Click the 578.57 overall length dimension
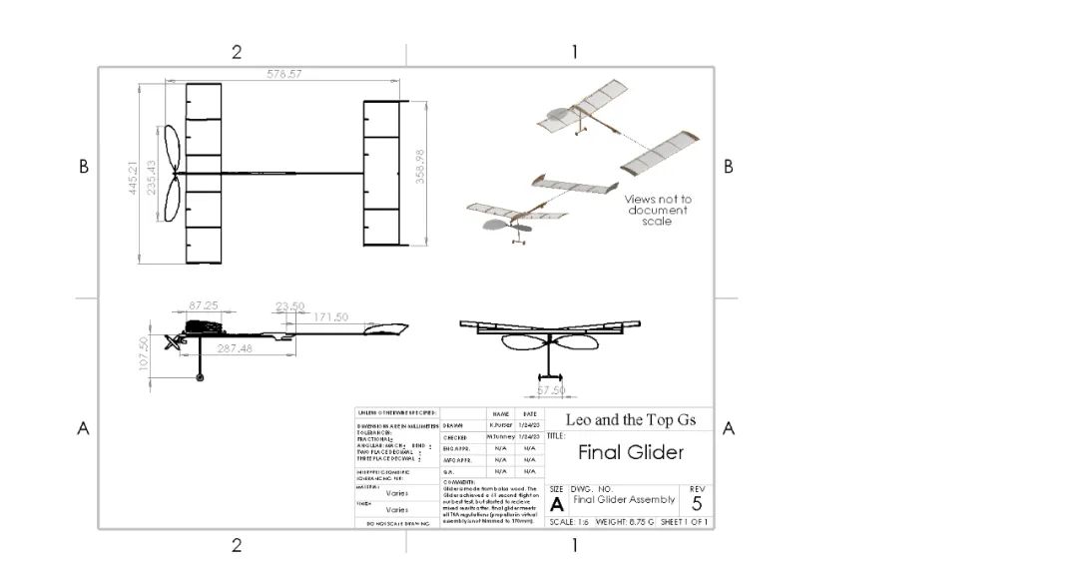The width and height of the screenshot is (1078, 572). pos(281,74)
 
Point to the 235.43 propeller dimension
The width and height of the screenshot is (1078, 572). pos(152,177)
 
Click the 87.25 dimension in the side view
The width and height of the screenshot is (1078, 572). pos(203,304)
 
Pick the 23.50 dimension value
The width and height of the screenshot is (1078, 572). pos(289,306)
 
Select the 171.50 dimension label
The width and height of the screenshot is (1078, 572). pos(329,316)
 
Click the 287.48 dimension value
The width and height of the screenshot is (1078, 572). pos(236,348)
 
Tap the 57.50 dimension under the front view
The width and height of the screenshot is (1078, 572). pos(551,390)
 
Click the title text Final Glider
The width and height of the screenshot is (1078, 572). pos(631,452)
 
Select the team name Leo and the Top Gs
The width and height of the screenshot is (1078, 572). pos(631,419)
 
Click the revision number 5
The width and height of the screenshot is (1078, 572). pos(696,502)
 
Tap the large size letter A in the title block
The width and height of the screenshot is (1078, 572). pos(557,504)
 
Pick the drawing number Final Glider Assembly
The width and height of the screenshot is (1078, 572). pos(624,499)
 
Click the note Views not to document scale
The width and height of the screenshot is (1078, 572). pos(658,210)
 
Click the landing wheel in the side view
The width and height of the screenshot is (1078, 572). pos(201,376)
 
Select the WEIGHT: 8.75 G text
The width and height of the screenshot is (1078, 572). pos(625,522)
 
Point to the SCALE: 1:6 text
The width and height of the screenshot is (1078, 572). pos(569,522)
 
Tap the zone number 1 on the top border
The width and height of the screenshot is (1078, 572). pos(574,52)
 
